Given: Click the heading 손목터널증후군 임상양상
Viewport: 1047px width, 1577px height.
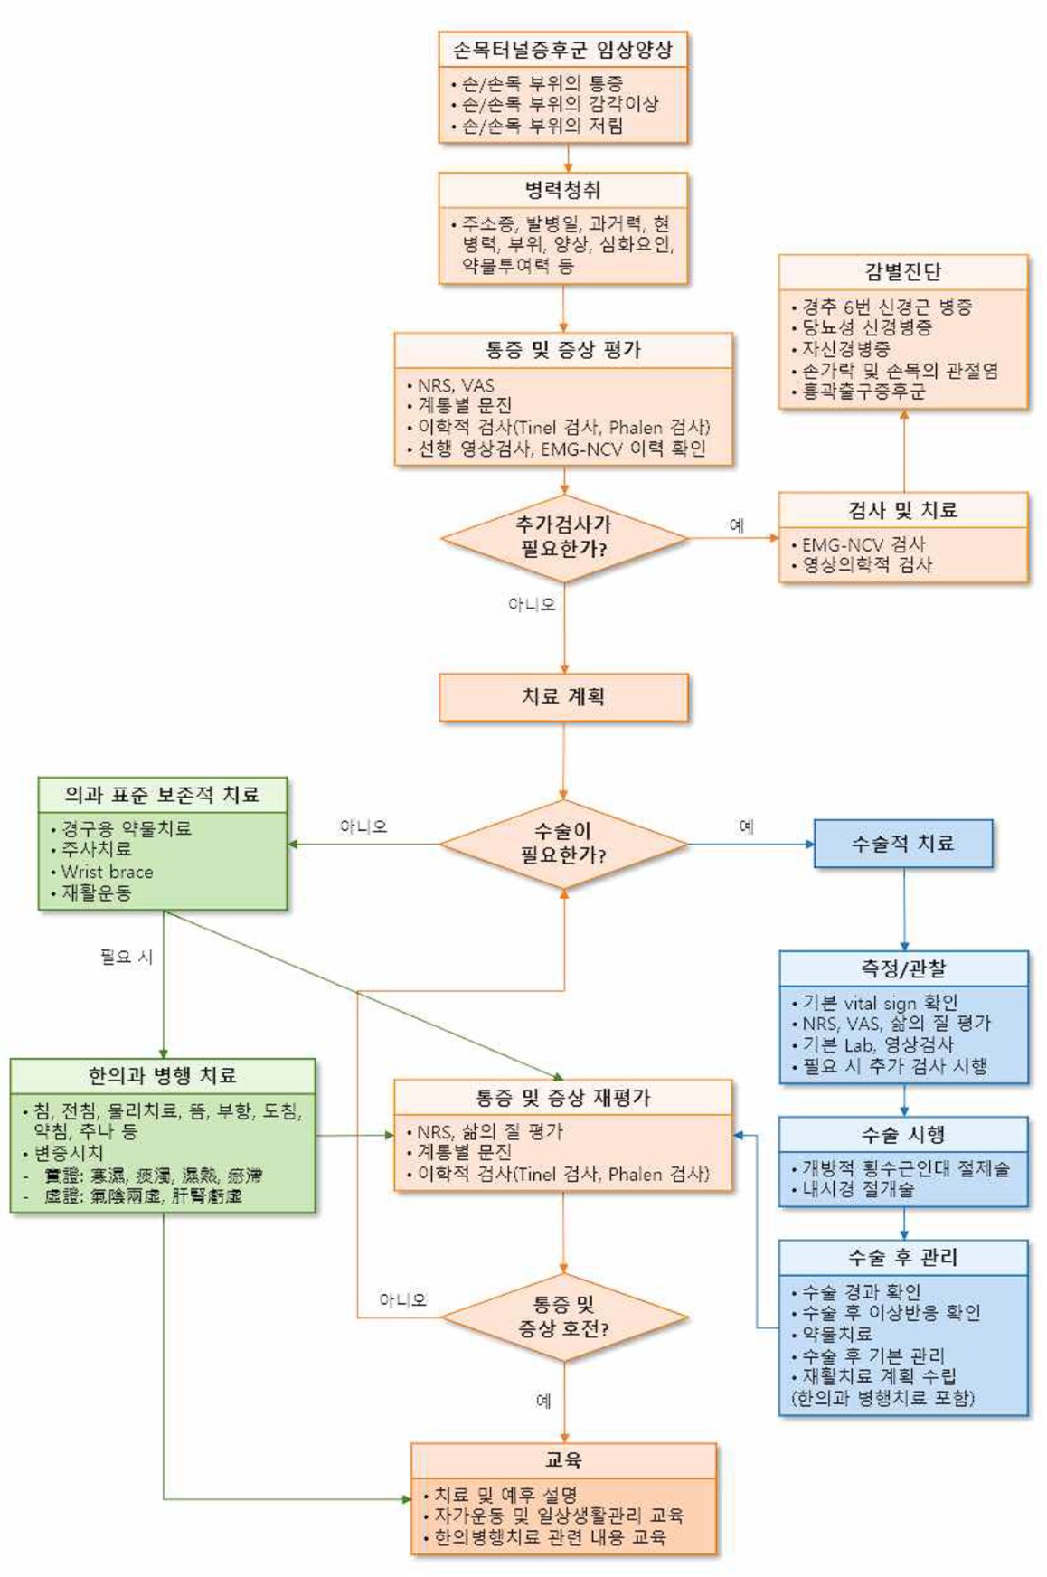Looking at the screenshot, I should click(562, 50).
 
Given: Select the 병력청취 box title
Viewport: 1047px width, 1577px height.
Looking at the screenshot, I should click(562, 190).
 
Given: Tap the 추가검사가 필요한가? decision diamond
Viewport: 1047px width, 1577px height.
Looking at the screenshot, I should click(563, 537).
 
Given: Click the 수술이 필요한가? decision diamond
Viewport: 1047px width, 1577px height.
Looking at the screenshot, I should click(563, 844).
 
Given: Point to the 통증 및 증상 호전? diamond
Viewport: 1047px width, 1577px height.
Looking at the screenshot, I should click(563, 1317).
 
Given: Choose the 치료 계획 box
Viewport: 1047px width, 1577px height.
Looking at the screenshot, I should click(563, 697).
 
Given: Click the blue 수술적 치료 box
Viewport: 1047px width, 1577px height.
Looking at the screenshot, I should click(902, 844).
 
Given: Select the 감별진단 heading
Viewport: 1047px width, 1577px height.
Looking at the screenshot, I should click(902, 271).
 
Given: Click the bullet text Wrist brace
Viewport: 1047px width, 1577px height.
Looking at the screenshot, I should click(107, 872).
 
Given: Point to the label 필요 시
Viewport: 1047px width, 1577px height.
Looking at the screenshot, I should click(127, 957).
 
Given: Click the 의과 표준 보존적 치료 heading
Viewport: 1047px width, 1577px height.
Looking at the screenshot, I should click(162, 795).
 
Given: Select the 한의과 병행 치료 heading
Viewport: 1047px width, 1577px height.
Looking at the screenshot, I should click(163, 1076).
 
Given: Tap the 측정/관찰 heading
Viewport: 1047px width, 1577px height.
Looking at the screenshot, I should click(902, 968).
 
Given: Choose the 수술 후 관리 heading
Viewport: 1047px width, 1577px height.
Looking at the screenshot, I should click(902, 1257).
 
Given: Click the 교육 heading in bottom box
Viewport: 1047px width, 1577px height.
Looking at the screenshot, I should click(563, 1460).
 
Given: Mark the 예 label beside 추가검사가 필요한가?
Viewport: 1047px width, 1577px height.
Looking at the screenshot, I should click(737, 525).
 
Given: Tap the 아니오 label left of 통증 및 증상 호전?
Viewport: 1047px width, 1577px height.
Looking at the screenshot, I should click(402, 1300).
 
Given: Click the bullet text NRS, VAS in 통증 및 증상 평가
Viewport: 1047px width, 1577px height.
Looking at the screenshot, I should click(456, 385).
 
